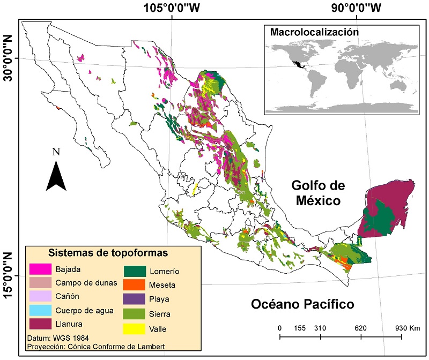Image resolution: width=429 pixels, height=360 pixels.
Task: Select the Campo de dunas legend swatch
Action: pos(40,282)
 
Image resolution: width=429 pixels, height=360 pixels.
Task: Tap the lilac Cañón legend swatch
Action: pos(40,296)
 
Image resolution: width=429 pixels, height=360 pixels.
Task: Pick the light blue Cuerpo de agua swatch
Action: pos(40,310)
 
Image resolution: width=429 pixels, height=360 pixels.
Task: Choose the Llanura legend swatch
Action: pos(40,324)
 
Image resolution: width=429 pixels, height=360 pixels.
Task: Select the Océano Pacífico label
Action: pos(302,304)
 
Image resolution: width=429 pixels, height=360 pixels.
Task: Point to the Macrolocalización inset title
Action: pos(314,32)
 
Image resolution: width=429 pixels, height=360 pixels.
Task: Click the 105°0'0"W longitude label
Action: pos(171,7)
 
